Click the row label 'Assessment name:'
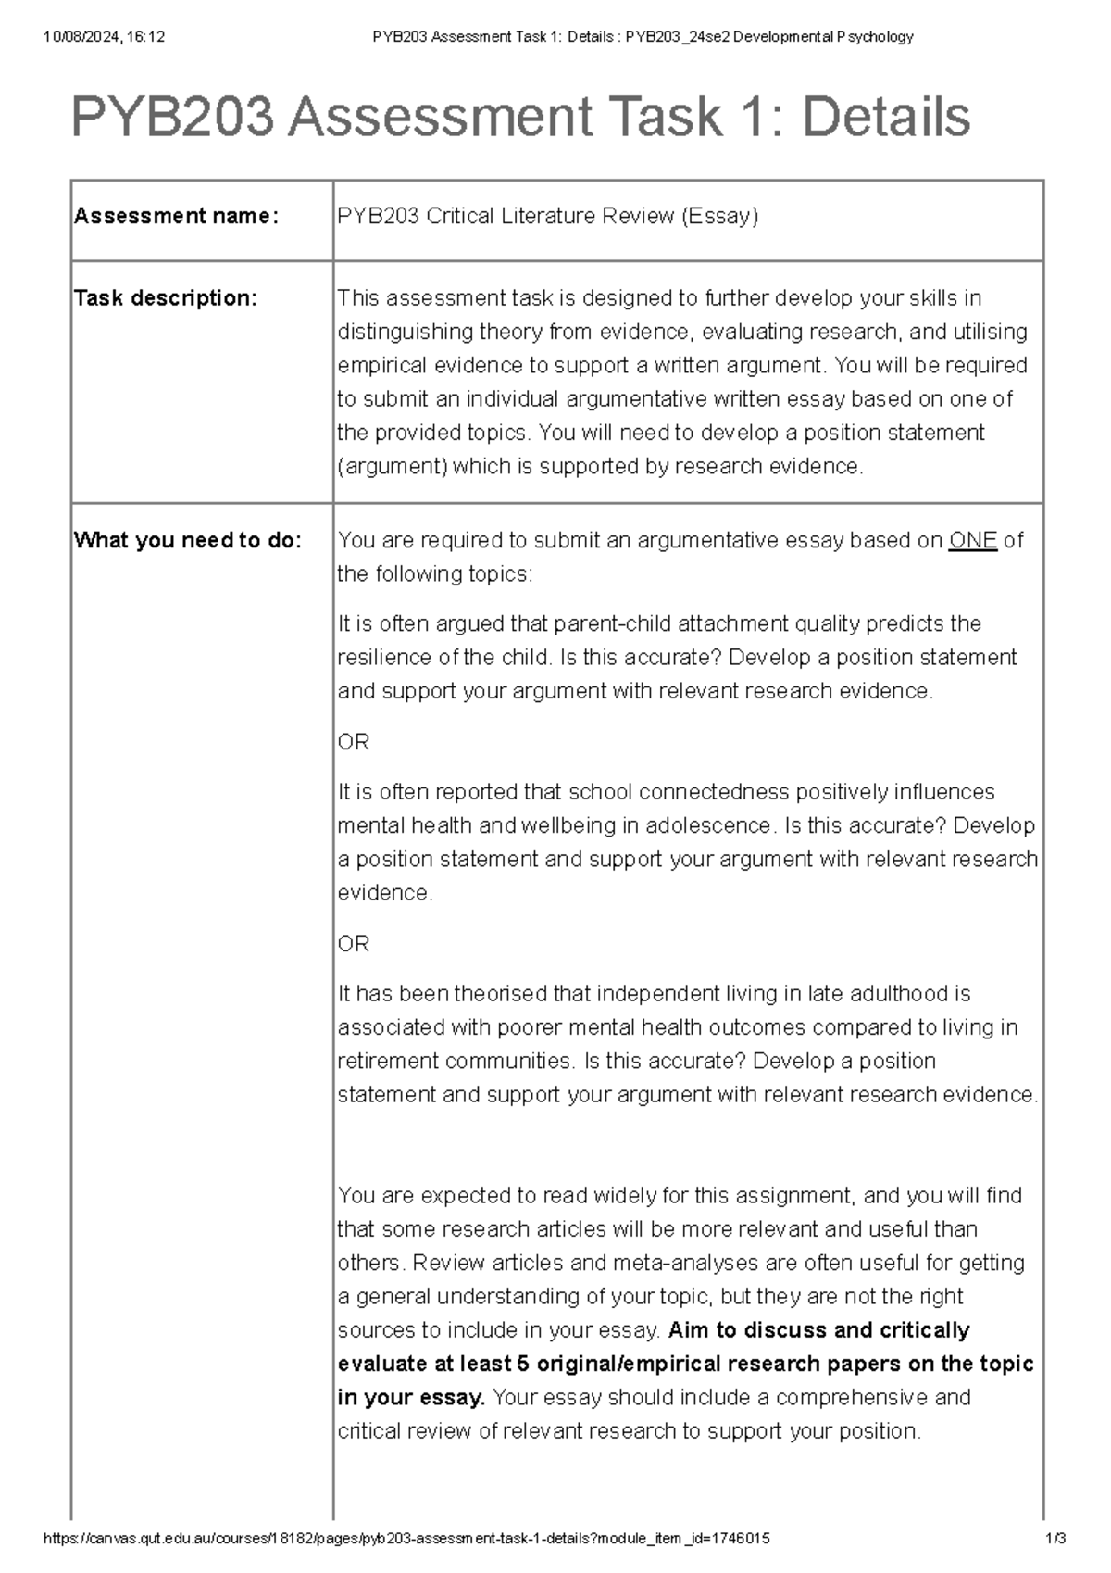click(176, 217)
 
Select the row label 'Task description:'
click(166, 298)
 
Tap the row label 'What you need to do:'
click(188, 541)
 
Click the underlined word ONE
click(973, 541)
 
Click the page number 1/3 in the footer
click(1055, 1539)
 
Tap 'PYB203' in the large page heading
click(172, 118)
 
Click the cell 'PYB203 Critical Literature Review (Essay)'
click(548, 217)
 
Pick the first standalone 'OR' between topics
click(354, 742)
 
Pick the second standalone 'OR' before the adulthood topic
click(354, 944)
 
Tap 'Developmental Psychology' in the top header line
click(823, 37)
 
